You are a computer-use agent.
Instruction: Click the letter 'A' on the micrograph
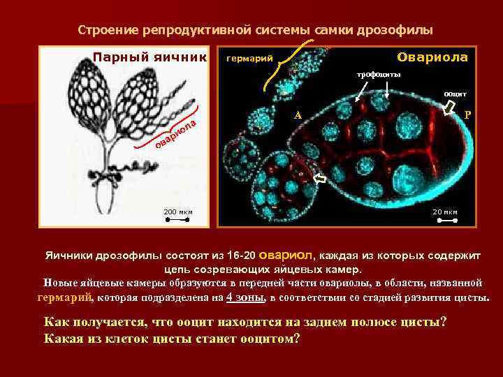click(298, 115)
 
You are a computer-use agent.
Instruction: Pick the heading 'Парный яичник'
click(150, 57)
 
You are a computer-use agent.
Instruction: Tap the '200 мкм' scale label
click(177, 212)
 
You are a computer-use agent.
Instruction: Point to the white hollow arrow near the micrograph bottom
click(319, 179)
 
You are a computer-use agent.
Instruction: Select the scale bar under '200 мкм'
click(177, 220)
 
